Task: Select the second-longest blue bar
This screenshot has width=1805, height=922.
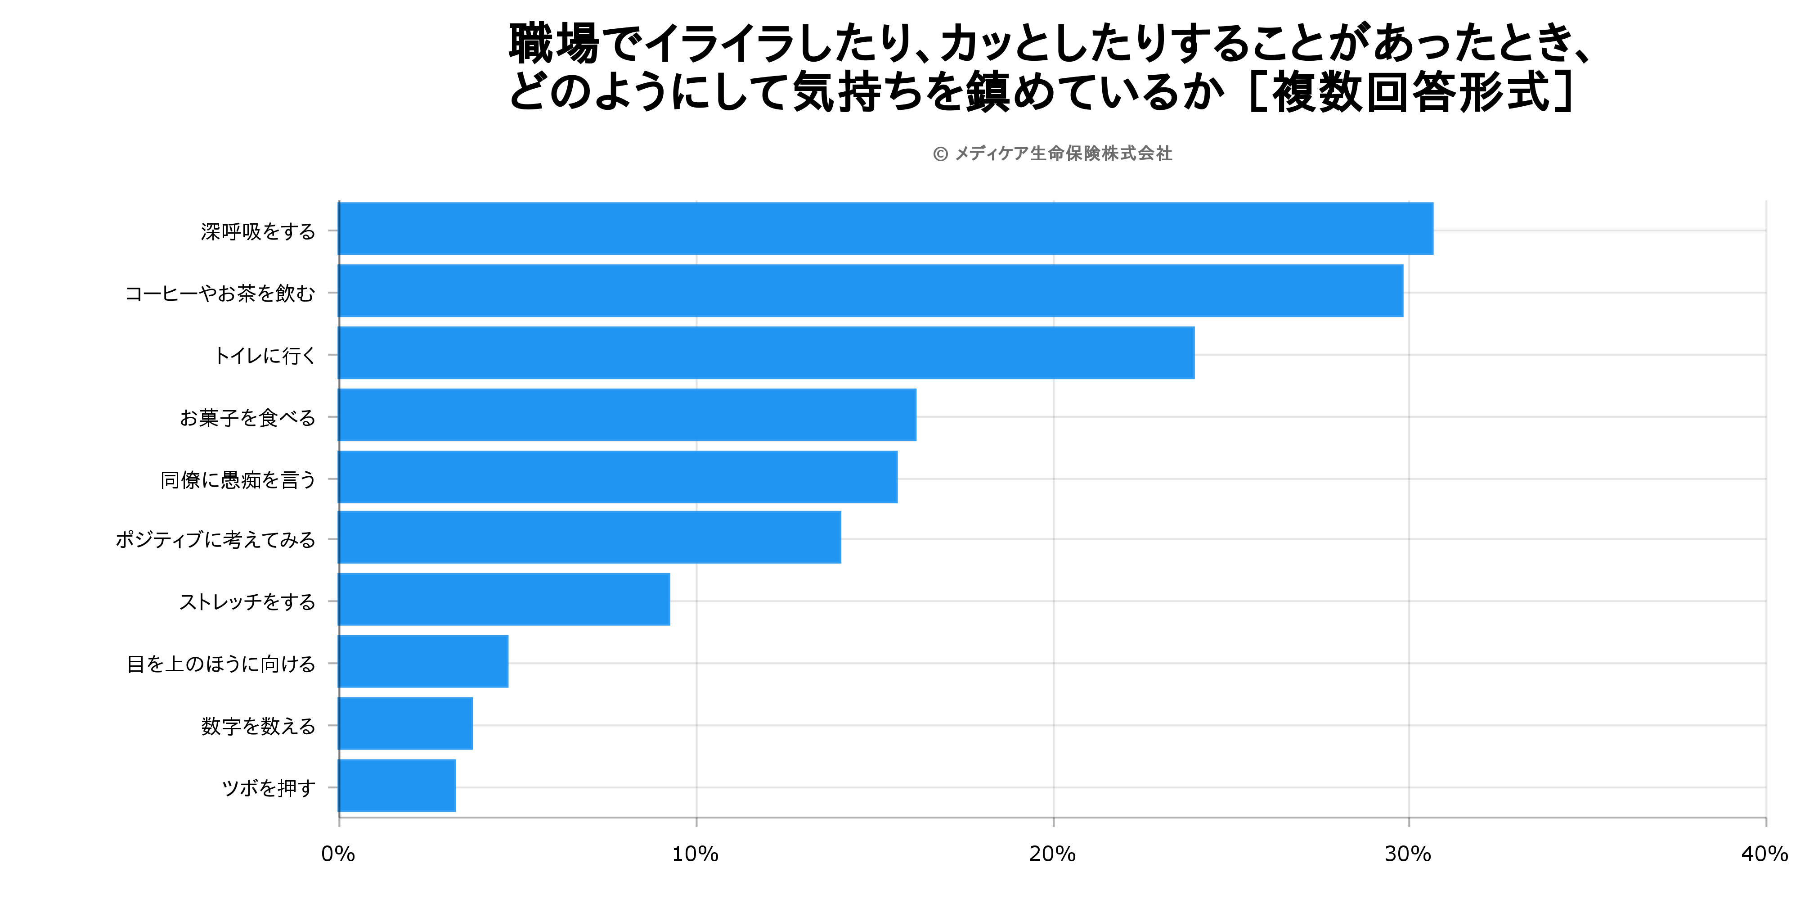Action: coord(870,291)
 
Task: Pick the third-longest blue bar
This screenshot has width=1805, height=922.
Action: coord(766,353)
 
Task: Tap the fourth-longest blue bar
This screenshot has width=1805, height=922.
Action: coord(627,415)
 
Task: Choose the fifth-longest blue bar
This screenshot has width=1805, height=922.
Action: coord(617,477)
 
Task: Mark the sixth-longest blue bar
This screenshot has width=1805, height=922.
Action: coord(589,537)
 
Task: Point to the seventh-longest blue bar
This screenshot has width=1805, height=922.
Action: coord(504,599)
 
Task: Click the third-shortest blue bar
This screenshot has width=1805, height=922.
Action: coord(423,661)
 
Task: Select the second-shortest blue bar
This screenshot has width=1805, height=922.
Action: coord(405,723)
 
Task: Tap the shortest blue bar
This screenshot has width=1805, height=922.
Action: coord(397,785)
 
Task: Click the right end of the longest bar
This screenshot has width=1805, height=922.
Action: coord(1432,229)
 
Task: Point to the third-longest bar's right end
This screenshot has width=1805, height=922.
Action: coord(1193,353)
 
